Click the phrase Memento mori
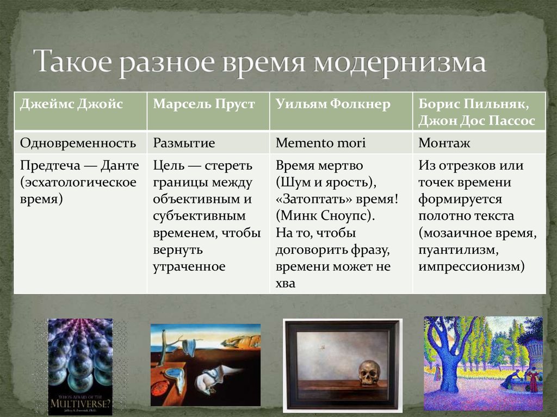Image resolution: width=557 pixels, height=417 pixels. point(320,143)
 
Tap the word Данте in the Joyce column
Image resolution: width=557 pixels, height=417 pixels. point(120,165)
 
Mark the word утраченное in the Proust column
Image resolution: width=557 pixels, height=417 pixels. point(189,266)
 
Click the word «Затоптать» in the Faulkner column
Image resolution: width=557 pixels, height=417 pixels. point(313,199)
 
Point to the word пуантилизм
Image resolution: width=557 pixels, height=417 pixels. point(458,250)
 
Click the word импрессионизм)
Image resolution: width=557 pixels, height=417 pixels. point(472,266)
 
